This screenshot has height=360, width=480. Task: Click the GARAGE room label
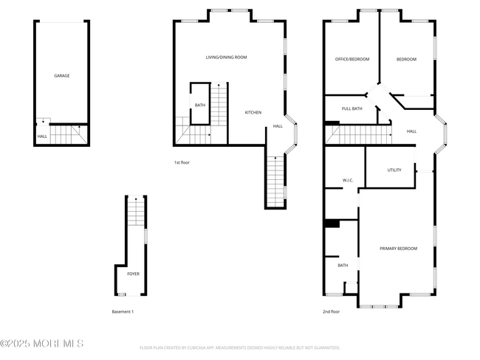[62, 75]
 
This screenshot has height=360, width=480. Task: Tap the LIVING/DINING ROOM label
[226, 57]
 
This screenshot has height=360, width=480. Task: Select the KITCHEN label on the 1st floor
[253, 112]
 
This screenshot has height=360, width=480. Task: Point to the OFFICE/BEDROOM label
[352, 59]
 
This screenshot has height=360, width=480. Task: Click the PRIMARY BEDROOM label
[398, 249]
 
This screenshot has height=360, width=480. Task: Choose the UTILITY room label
[394, 170]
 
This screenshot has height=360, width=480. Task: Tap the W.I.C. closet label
[349, 181]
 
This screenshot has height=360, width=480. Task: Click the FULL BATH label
[352, 109]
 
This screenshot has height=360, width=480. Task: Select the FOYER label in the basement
[133, 274]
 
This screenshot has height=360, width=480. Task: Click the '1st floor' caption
[182, 162]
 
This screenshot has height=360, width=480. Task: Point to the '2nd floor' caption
[331, 312]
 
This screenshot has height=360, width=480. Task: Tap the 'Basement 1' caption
[123, 312]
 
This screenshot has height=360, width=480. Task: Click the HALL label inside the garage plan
[42, 136]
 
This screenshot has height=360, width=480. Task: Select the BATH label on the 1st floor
[200, 105]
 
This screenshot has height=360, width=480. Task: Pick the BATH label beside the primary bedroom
[343, 266]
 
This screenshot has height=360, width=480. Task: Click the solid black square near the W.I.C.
[332, 224]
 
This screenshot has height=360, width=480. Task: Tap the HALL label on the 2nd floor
[411, 131]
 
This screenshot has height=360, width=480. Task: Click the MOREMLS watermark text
[42, 344]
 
